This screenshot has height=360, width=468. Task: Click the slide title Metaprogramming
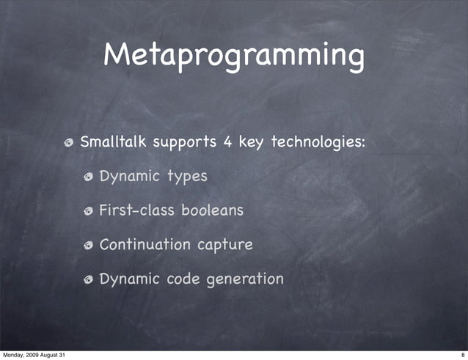[233, 56]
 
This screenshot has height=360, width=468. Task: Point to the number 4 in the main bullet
[229, 141]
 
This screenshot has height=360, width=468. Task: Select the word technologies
[318, 142]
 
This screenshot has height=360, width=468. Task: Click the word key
[251, 142]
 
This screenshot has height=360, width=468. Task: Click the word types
[187, 177]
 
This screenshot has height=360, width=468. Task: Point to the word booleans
[212, 210]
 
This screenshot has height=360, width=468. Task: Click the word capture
[226, 246]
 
